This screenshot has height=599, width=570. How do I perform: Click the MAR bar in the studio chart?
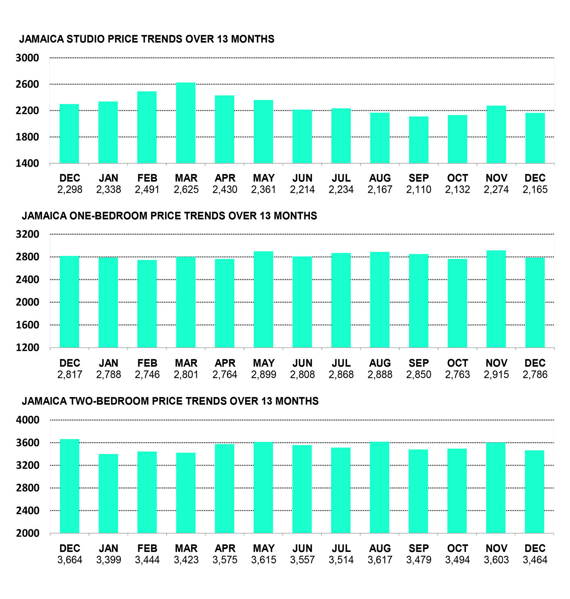tap(186, 123)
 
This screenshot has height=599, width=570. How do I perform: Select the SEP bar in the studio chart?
tap(419, 140)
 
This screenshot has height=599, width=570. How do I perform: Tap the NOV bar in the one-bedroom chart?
tap(496, 299)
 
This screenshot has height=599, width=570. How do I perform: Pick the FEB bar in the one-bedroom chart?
tap(147, 303)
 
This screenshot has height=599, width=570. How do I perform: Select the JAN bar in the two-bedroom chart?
tap(108, 493)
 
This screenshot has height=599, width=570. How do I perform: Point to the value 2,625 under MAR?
tap(186, 189)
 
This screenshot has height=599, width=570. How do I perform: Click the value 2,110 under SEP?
tap(419, 189)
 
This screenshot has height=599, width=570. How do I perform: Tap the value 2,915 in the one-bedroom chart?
tap(496, 375)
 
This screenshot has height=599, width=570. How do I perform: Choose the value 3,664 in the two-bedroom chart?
tap(70, 560)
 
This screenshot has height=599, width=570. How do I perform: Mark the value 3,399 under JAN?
tap(109, 560)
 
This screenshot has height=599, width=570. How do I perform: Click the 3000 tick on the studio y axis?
tap(27, 58)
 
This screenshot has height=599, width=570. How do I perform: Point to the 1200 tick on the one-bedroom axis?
tap(27, 348)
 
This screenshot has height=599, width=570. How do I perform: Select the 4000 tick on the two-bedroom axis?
tap(27, 420)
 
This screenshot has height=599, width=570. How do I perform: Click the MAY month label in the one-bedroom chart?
tap(264, 363)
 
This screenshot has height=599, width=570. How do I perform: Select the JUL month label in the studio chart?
tap(341, 178)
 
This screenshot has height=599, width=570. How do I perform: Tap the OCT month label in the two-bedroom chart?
tap(457, 548)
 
